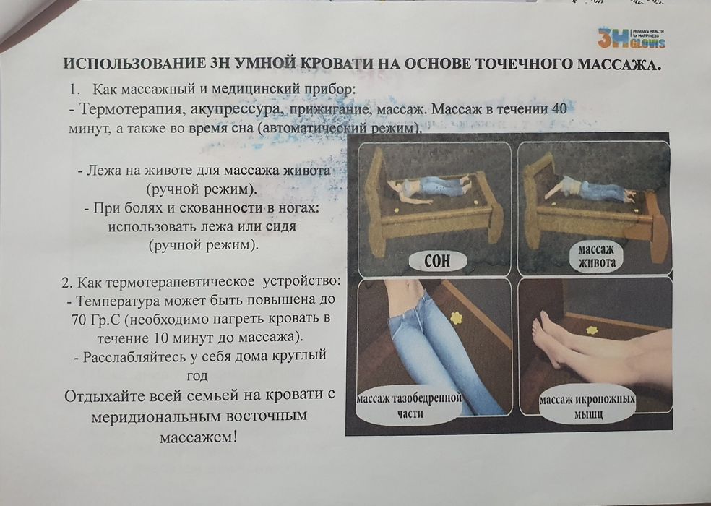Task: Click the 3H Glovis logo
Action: click(631, 38)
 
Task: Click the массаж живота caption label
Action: click(596, 257)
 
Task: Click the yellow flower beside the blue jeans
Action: click(456, 317)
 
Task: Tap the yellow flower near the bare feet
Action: click(592, 330)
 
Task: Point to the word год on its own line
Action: click(197, 375)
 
